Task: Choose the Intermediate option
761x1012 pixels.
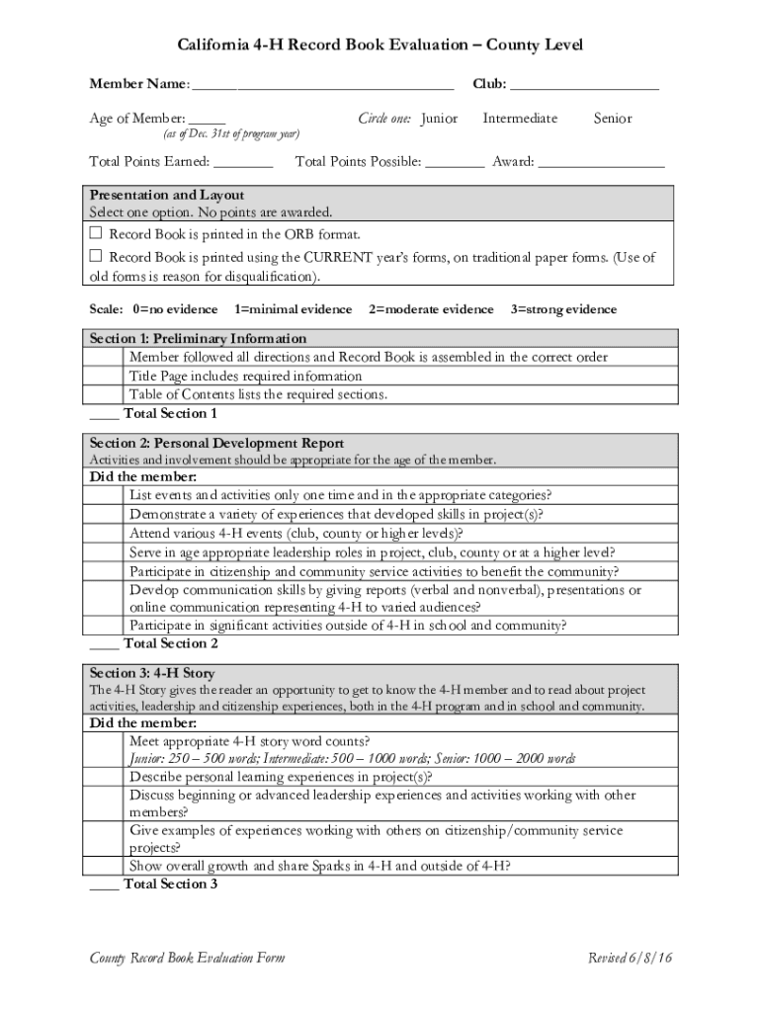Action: tap(520, 119)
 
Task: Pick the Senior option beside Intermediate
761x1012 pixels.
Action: tap(613, 119)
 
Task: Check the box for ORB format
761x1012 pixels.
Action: tap(96, 234)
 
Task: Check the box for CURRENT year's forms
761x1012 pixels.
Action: tap(96, 258)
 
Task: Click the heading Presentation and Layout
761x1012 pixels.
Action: tap(167, 195)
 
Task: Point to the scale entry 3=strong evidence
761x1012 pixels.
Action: tap(563, 309)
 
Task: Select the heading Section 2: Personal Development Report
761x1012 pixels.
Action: tap(216, 443)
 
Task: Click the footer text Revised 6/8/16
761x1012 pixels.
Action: tap(631, 958)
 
